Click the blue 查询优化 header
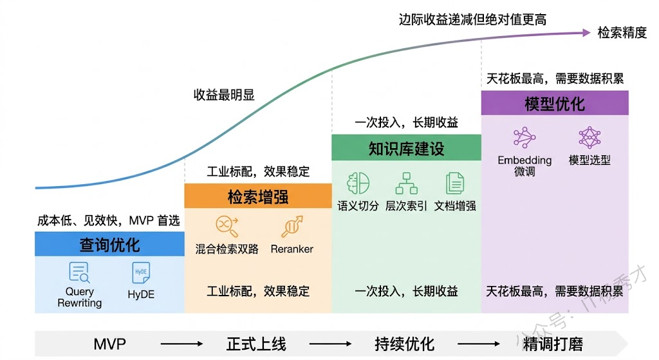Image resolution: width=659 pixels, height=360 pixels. pyautogui.click(x=109, y=245)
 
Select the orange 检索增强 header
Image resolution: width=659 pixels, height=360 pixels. pyautogui.click(x=257, y=196)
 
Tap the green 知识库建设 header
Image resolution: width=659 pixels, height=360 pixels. pyautogui.click(x=406, y=148)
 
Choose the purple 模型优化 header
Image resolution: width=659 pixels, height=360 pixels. pyautogui.click(x=555, y=104)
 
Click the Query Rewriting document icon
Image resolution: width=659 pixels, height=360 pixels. pyautogui.click(x=80, y=272)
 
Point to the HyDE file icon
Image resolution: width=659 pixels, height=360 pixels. pyautogui.click(x=141, y=273)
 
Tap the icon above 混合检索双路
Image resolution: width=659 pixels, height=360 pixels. pyautogui.click(x=227, y=226)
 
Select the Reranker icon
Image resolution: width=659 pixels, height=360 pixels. pyautogui.click(x=292, y=226)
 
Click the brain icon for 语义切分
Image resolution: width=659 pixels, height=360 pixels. pyautogui.click(x=358, y=184)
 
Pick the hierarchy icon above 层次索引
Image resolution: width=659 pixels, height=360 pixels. pyautogui.click(x=406, y=184)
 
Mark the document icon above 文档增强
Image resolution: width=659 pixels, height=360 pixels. pyautogui.click(x=455, y=184)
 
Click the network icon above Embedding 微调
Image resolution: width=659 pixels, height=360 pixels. pyautogui.click(x=524, y=138)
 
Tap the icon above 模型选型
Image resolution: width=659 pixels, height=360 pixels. pyautogui.click(x=589, y=138)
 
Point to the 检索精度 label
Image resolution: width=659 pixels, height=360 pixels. pyautogui.click(x=622, y=33)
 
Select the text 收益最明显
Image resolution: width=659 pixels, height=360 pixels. pyautogui.click(x=224, y=95)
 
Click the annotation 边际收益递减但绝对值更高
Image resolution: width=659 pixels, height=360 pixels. pyautogui.click(x=472, y=19)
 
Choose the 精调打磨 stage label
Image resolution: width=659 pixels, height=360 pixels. pyautogui.click(x=553, y=343)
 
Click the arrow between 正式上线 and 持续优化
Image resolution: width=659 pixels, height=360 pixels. pyautogui.click(x=330, y=344)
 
